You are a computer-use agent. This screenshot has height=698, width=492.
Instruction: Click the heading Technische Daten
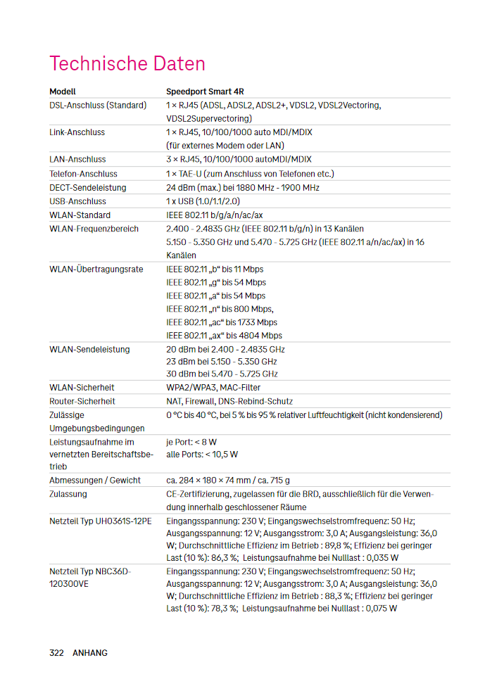(x=127, y=64)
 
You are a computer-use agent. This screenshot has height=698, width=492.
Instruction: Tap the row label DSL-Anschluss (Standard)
(x=98, y=105)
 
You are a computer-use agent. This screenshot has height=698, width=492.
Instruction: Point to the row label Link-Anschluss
(x=77, y=132)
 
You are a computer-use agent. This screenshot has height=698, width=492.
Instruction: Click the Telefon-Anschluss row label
(x=83, y=174)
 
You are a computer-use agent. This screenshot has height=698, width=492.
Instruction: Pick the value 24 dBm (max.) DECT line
(x=242, y=188)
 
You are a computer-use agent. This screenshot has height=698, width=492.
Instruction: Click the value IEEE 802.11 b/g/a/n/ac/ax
(x=214, y=215)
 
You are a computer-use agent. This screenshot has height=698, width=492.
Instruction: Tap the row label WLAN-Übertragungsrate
(x=96, y=269)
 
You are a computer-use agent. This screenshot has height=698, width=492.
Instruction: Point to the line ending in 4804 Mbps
(x=224, y=336)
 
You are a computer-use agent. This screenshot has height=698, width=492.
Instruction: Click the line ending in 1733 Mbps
(x=221, y=322)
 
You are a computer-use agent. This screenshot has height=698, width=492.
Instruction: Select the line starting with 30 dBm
(x=222, y=374)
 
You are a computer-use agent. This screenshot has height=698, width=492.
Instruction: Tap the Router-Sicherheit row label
(x=82, y=401)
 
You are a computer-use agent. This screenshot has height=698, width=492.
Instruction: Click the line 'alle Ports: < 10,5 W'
(x=202, y=455)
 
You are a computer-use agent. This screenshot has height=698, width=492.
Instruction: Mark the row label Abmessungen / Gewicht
(x=95, y=481)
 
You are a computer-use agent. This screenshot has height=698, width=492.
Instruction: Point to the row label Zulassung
(x=68, y=494)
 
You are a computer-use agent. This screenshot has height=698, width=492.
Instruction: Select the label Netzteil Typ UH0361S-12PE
(x=99, y=521)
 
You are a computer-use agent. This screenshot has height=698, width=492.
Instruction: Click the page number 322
(x=56, y=653)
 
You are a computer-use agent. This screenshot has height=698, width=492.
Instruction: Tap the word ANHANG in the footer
(x=90, y=653)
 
